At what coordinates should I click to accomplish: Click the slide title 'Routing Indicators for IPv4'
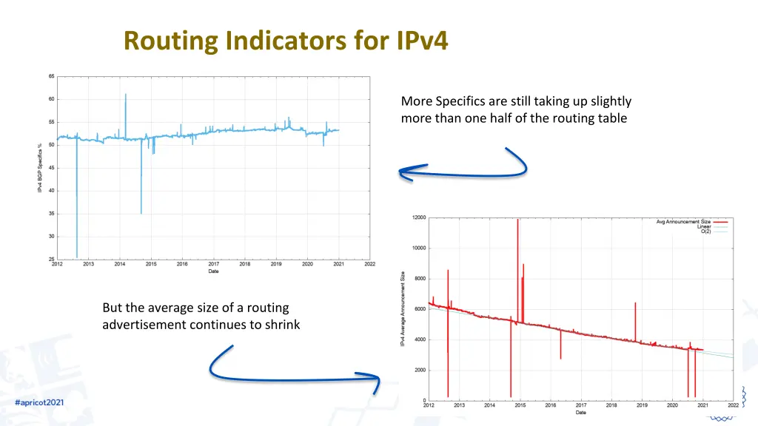tap(286, 40)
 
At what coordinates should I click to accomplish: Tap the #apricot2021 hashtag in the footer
tap(39, 402)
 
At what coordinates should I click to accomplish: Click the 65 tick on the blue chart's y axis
tap(51, 76)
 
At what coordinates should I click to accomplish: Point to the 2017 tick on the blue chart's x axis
tap(213, 264)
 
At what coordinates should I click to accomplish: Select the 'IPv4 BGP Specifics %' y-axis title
tap(40, 169)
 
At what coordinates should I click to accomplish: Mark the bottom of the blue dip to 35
tap(141, 212)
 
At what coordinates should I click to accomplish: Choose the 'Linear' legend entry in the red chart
tap(703, 226)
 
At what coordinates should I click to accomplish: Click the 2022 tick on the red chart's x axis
tap(732, 405)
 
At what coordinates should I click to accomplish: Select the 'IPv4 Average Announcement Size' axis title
tap(403, 308)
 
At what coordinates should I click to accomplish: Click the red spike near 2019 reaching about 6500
tap(635, 305)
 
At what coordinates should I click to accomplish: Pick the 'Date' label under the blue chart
tap(213, 271)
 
